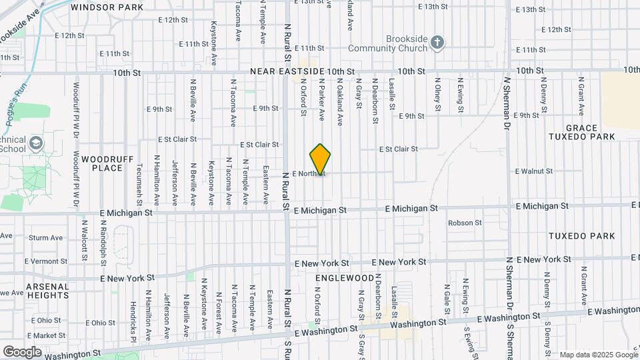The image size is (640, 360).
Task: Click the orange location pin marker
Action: tap(321, 159)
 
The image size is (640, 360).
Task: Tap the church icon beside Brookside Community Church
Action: tap(437, 43)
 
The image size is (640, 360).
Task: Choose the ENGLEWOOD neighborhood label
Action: tap(345, 277)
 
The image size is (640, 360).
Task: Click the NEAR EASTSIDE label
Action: tap(288, 71)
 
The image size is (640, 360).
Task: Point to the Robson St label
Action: tap(465, 223)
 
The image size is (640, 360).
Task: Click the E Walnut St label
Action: tap(534, 171)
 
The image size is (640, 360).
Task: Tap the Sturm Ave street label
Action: tap(46, 237)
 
